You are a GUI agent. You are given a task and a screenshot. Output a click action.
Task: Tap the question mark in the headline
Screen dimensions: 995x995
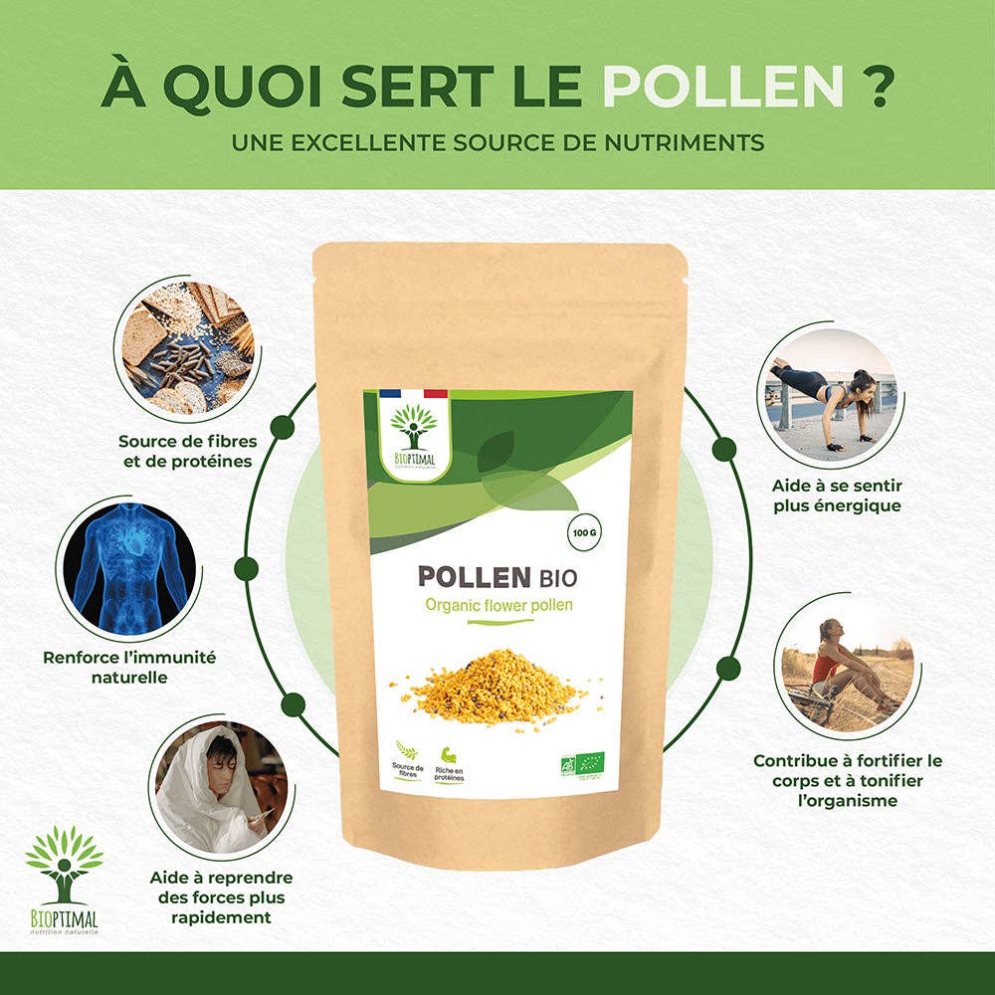pos(875,88)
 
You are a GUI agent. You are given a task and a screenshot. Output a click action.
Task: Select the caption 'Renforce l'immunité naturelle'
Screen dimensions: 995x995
pos(129,667)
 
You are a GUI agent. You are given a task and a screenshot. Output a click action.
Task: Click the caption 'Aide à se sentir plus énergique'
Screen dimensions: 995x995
pos(836,496)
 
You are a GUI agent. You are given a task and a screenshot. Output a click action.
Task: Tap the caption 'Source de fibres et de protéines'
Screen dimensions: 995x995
pos(185,449)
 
